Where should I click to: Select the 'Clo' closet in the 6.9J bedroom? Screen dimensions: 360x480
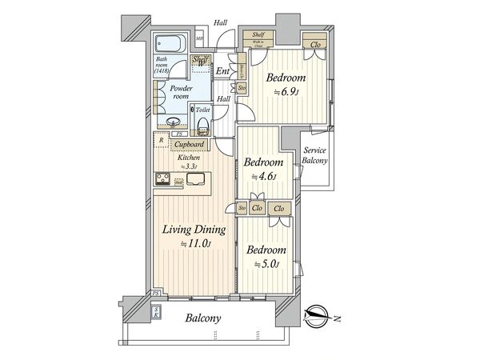pos(316,44)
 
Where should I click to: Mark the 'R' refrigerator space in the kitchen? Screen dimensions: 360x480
pos(161,141)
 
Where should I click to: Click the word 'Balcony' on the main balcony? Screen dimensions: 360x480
pos(204,318)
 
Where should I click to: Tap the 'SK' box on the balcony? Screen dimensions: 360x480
pos(155,313)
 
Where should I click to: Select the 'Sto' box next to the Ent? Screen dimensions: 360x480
pos(241,88)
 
